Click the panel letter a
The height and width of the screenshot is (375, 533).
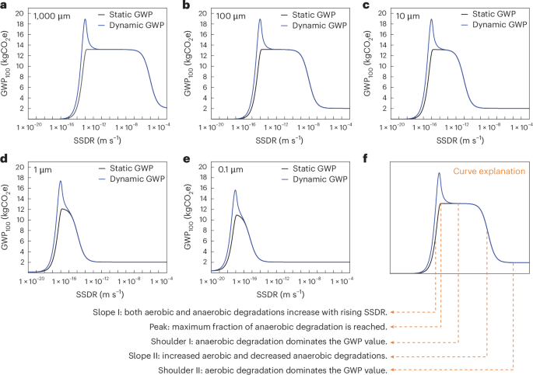pos(5,5)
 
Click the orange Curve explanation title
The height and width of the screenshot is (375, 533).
pos(493,170)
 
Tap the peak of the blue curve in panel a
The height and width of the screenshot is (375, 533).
pos(85,20)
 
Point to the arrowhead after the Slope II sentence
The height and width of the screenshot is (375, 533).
pos(391,356)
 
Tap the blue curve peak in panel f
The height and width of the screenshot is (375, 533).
pos(440,173)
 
